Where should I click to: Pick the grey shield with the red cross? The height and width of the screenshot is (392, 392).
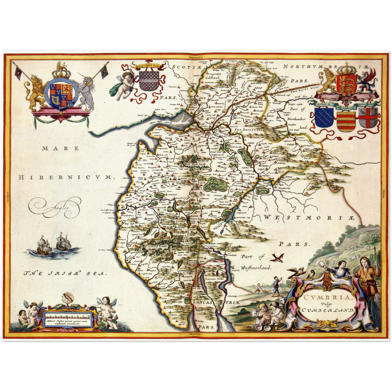point(368,117)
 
